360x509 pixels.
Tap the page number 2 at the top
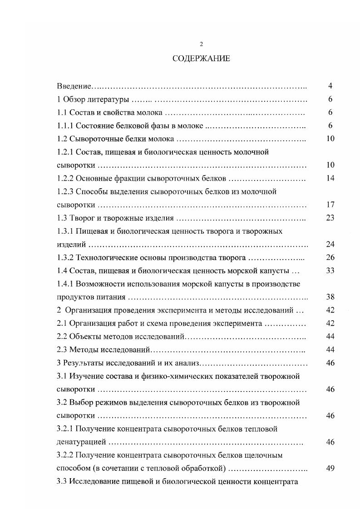click(x=201, y=44)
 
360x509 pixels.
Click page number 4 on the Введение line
click(x=330, y=86)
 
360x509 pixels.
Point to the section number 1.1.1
click(x=65, y=126)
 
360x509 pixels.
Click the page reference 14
click(x=330, y=178)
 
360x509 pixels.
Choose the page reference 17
click(x=330, y=205)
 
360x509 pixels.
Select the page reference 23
click(x=330, y=218)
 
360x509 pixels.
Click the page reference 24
click(x=330, y=245)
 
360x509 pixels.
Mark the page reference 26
click(x=330, y=258)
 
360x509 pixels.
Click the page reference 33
click(x=330, y=271)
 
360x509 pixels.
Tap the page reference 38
click(x=330, y=298)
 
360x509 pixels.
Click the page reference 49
click(x=330, y=468)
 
